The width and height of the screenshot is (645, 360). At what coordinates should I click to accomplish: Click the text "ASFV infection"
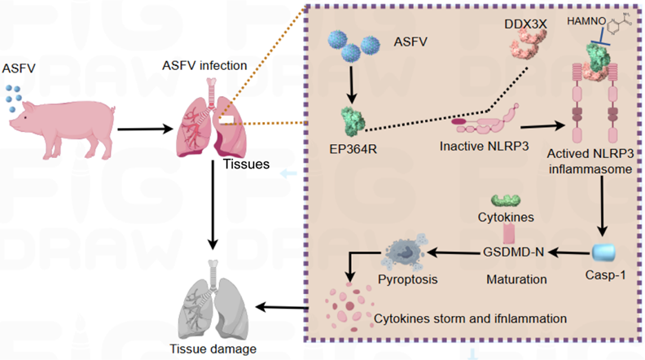tap(216, 65)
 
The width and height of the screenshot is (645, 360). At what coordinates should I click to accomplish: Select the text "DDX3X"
tap(525, 20)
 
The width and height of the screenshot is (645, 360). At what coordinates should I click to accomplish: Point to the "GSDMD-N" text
tap(513, 254)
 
